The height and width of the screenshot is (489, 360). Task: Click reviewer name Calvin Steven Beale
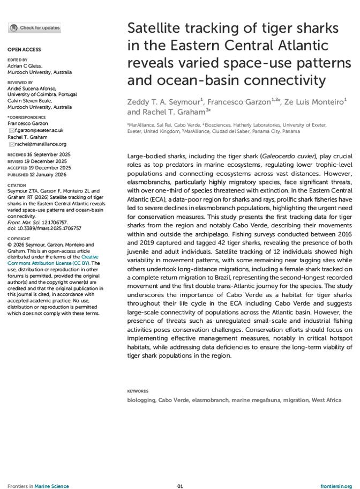tap(29, 101)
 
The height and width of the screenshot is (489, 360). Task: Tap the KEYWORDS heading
tap(138, 391)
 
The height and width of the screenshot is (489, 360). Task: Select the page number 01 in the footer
tap(180, 471)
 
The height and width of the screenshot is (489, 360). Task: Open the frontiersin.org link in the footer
tap(336, 471)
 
